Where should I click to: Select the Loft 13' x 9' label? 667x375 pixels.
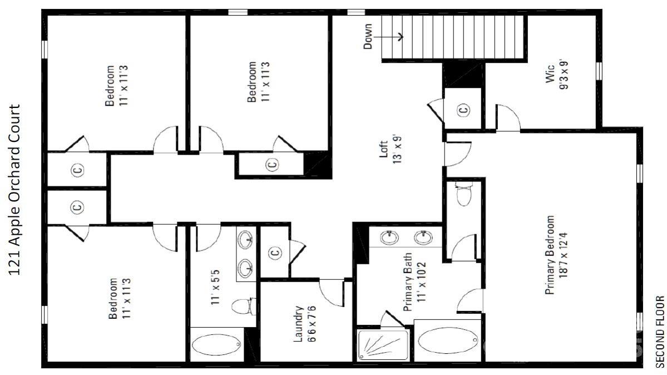(x=389, y=147)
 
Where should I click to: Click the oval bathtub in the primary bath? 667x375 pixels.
(x=448, y=340)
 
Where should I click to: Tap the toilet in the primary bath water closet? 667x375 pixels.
(x=463, y=195)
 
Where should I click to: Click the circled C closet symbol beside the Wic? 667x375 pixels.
(x=464, y=110)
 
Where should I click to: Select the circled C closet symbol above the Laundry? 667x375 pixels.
(x=275, y=253)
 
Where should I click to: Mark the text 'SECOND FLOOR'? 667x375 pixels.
(x=660, y=331)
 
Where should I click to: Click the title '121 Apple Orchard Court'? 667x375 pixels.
(x=16, y=189)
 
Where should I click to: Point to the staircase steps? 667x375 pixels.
(x=453, y=37)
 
